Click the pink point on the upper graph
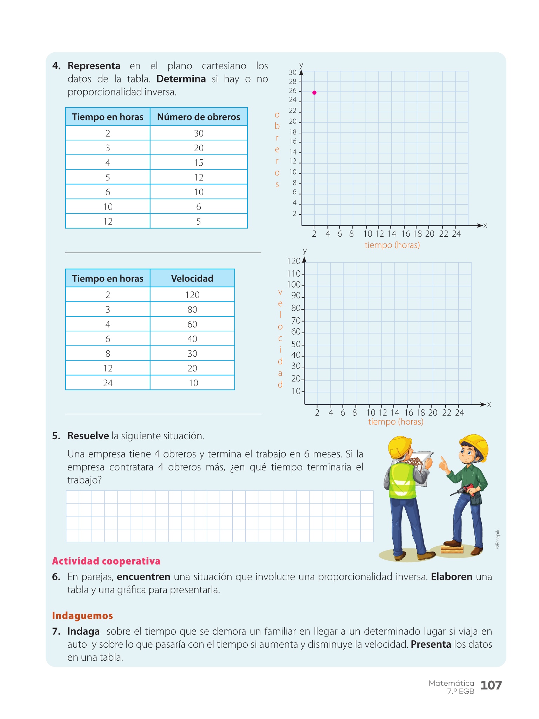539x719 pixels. (x=314, y=93)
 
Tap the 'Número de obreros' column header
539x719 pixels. (x=199, y=117)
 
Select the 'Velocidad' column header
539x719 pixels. (x=192, y=278)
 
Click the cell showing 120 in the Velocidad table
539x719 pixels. (x=192, y=295)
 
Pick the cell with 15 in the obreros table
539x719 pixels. (x=199, y=163)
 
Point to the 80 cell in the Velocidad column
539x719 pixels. (x=192, y=310)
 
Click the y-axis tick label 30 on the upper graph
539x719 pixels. (x=293, y=73)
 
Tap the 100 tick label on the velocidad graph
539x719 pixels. (x=294, y=285)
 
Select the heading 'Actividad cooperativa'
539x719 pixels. (x=106, y=561)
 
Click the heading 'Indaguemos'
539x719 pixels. (x=82, y=615)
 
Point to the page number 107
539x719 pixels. (x=491, y=685)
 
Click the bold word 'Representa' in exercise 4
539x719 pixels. (x=94, y=66)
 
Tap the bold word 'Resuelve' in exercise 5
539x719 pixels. (x=88, y=436)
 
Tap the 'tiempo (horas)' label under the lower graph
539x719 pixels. (x=395, y=422)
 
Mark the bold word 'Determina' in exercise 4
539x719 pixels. (x=181, y=79)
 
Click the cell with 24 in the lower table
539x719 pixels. (x=108, y=383)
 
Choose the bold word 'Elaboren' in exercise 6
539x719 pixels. (x=451, y=577)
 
